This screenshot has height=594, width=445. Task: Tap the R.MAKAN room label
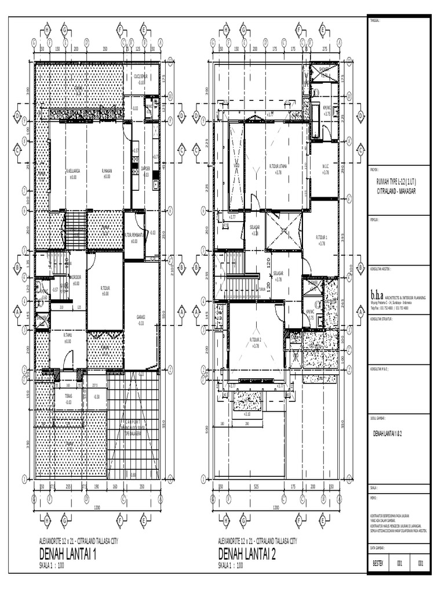(x=107, y=172)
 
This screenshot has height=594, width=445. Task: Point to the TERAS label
(x=68, y=396)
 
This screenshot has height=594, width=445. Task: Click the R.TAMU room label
(x=67, y=336)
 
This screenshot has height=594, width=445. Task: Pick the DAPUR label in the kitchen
(x=146, y=169)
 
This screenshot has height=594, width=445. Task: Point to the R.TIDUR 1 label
(x=322, y=238)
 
